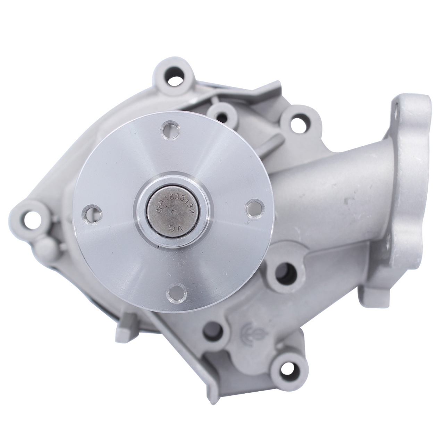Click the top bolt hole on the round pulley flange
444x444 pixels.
[x=170, y=129]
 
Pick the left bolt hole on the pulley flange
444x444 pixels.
[x=92, y=213]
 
